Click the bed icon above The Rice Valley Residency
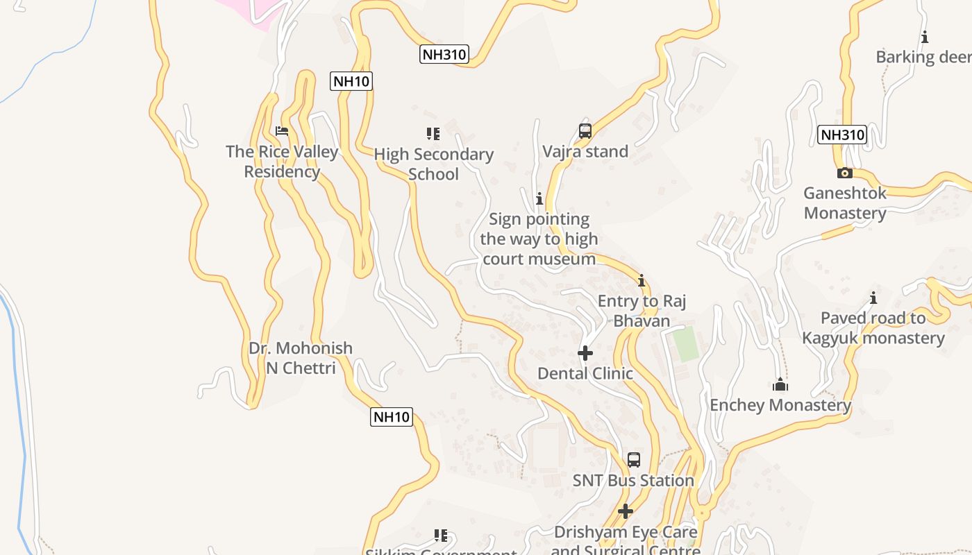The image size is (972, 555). tap(282, 130)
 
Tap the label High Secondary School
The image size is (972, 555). tap(433, 164)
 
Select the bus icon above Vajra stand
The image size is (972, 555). tap(585, 130)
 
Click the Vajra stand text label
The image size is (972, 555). tap(585, 151)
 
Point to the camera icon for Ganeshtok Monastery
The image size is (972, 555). tap(845, 173)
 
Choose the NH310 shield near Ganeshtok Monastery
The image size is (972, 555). tap(842, 135)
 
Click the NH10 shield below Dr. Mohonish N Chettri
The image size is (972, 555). tap(392, 417)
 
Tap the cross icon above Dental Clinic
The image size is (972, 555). tap(585, 353)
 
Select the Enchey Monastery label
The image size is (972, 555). tap(780, 405)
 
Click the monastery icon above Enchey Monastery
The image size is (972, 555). tap(780, 384)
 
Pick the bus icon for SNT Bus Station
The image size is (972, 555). tap(634, 459)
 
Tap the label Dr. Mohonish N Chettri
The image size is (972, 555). tap(301, 358)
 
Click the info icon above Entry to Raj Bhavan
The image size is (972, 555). tap(642, 281)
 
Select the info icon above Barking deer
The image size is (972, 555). tap(925, 37)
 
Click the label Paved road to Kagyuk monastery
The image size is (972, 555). tap(873, 328)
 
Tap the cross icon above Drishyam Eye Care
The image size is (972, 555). tap(626, 511)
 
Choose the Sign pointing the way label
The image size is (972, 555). tap(539, 239)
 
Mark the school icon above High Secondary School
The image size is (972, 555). tap(433, 133)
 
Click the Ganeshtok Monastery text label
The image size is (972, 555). tap(845, 203)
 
